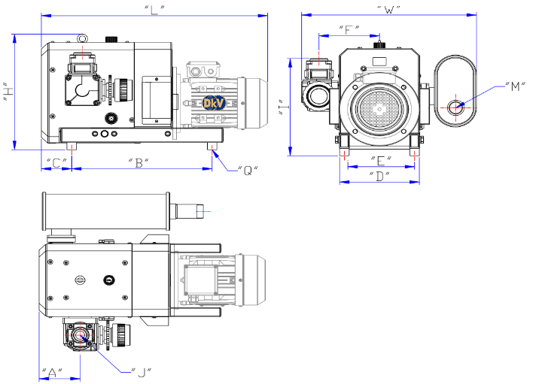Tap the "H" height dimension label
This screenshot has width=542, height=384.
tap(7, 92)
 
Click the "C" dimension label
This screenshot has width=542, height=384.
tap(55, 162)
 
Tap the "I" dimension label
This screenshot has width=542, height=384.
tap(281, 106)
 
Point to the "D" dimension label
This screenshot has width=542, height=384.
tap(381, 177)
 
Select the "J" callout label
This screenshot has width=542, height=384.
tap(141, 371)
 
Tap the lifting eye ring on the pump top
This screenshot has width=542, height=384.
tap(81, 37)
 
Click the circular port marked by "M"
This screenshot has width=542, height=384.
tap(456, 107)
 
